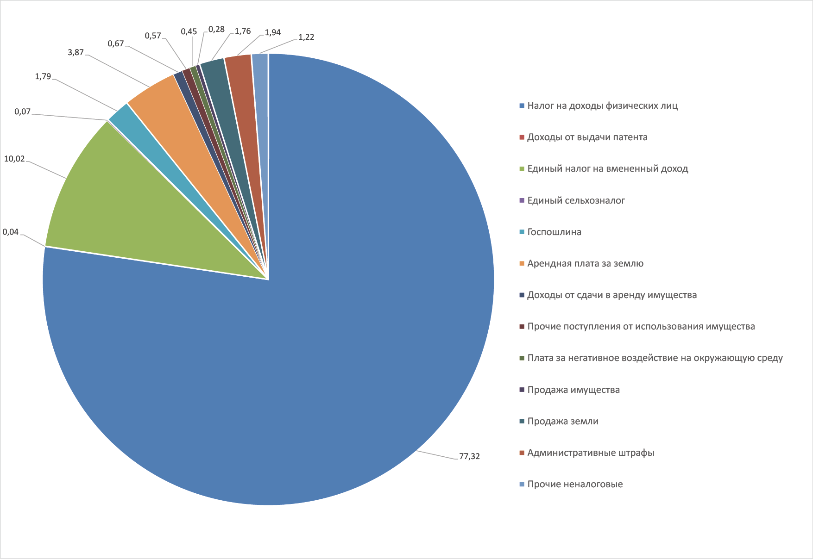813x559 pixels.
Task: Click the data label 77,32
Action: pyautogui.click(x=469, y=456)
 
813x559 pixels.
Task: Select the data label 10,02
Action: pyautogui.click(x=14, y=159)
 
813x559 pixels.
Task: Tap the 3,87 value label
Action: pyautogui.click(x=76, y=52)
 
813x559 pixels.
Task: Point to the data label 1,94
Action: pyautogui.click(x=272, y=32)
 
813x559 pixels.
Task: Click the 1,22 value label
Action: pyautogui.click(x=306, y=37)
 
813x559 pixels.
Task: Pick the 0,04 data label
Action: pyautogui.click(x=11, y=232)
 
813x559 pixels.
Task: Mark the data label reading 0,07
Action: pyautogui.click(x=22, y=112)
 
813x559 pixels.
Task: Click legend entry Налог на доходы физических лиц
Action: pyautogui.click(x=602, y=106)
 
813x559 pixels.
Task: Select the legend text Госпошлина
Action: pyautogui.click(x=554, y=232)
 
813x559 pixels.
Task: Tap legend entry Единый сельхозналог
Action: pyautogui.click(x=576, y=200)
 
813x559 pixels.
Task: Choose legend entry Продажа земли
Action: pyautogui.click(x=563, y=421)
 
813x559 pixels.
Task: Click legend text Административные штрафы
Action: pyautogui.click(x=591, y=453)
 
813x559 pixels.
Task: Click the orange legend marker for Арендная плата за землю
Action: pyautogui.click(x=522, y=264)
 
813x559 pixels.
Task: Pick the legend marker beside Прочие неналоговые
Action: pyautogui.click(x=522, y=484)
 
